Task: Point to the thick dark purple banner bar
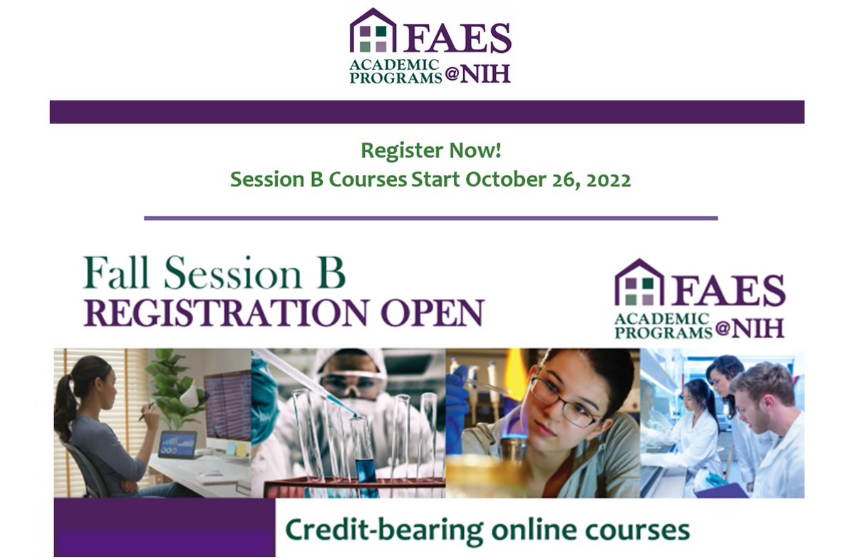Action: point(427,112)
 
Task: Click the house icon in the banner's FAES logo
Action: point(639,283)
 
